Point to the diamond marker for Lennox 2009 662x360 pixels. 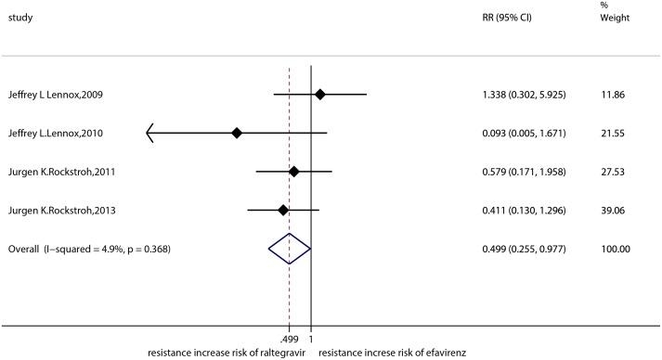point(319,94)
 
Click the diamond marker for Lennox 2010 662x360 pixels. point(237,133)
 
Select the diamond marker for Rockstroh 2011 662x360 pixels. point(294,171)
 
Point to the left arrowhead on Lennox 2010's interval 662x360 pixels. point(150,133)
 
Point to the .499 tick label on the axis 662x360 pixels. point(289,340)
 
